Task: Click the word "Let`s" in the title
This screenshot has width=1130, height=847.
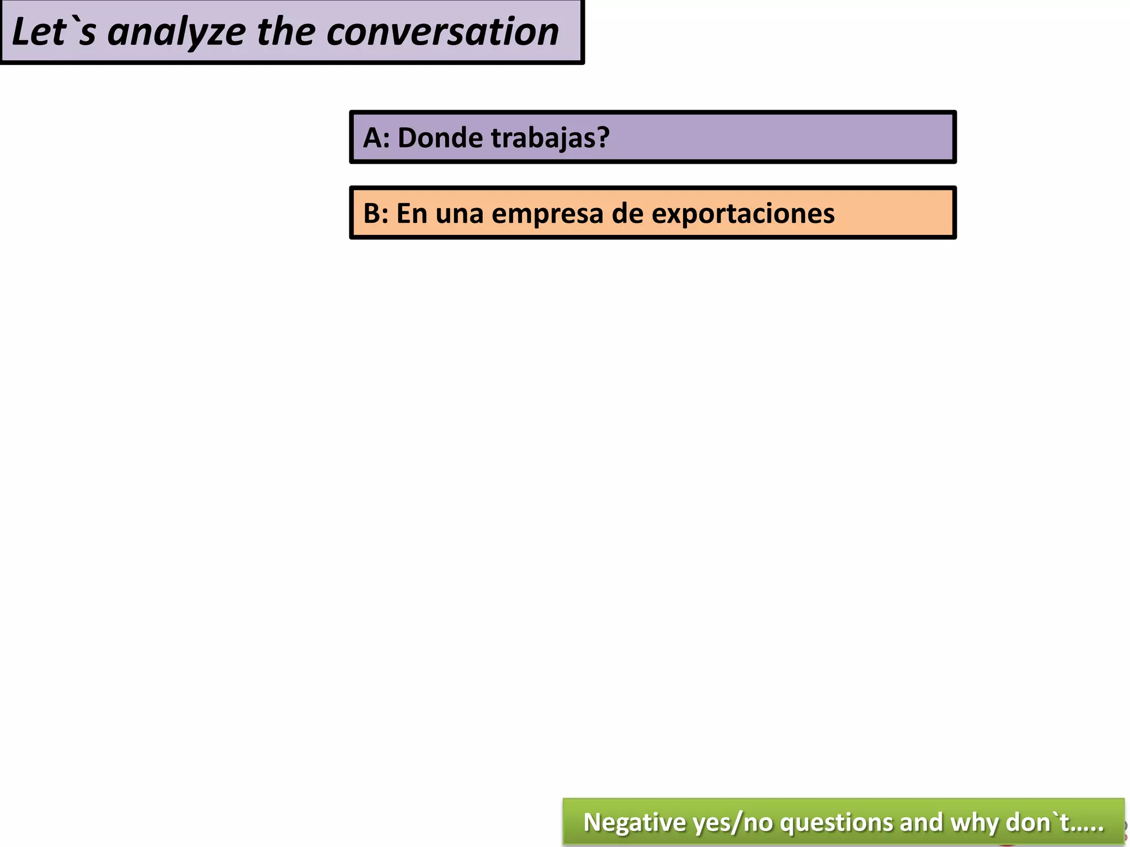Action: coord(54,31)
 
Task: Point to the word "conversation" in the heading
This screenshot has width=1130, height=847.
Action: coord(443,31)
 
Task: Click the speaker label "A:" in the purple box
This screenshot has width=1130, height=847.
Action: coord(376,137)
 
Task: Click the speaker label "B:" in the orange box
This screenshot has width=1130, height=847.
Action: coord(376,213)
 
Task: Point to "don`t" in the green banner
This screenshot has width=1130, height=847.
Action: coord(1037,822)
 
